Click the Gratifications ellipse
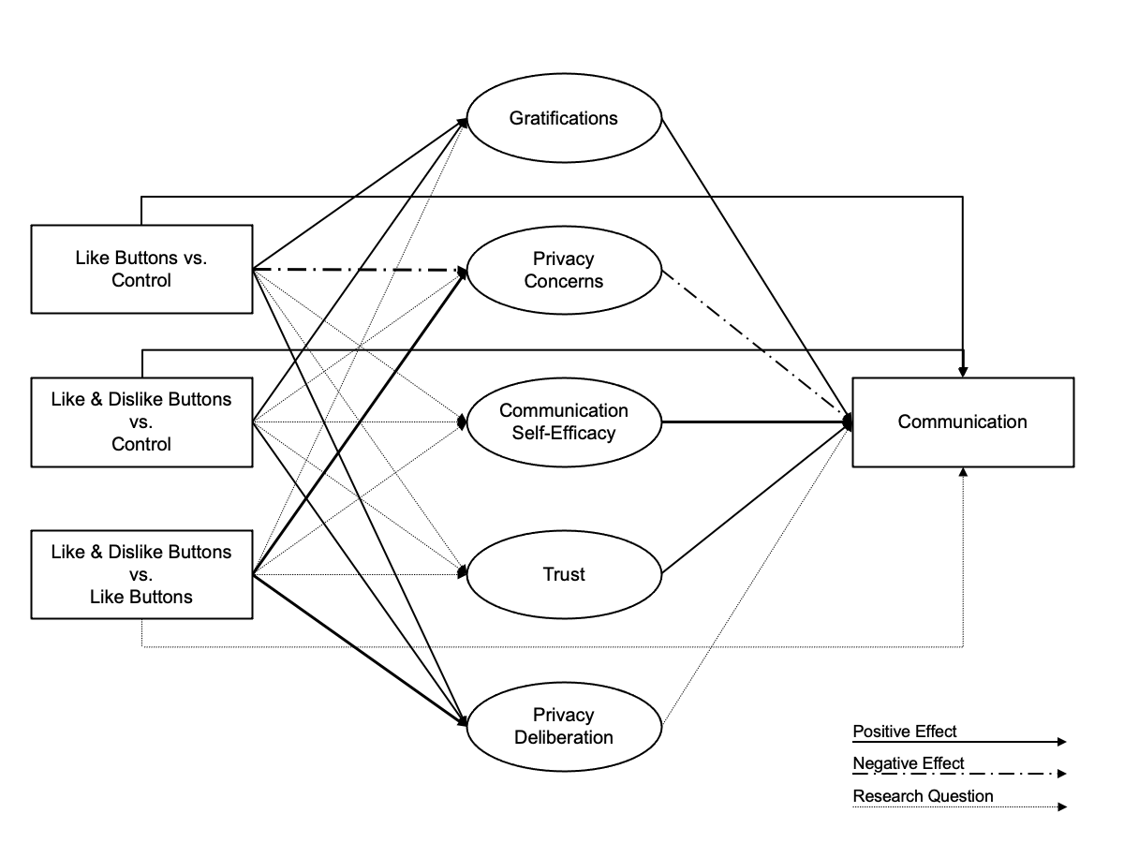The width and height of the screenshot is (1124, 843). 564,118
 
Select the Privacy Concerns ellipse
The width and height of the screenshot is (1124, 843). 564,270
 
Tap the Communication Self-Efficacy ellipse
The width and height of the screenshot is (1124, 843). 564,421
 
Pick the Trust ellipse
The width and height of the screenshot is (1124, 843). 564,573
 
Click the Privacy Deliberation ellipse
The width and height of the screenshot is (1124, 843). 564,726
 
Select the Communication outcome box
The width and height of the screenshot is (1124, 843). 963,421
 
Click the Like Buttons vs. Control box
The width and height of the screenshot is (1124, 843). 141,269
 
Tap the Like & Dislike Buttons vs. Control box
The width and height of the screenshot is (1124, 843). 141,421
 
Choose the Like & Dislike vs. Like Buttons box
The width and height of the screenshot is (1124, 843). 141,574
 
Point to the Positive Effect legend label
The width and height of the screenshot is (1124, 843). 904,731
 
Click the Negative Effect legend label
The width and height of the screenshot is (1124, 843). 908,763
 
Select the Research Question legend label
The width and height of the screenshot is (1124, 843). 923,796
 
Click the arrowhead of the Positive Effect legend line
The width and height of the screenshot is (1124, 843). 1061,742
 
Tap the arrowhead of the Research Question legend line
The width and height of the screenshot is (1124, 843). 1061,806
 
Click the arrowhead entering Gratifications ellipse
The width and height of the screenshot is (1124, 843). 463,121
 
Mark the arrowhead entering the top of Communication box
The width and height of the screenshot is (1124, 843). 963,372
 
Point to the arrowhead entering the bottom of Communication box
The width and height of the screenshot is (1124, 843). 963,472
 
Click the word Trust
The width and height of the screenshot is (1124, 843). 564,573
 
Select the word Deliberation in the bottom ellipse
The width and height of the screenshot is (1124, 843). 564,737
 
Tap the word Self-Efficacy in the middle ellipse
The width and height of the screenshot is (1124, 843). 564,432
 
